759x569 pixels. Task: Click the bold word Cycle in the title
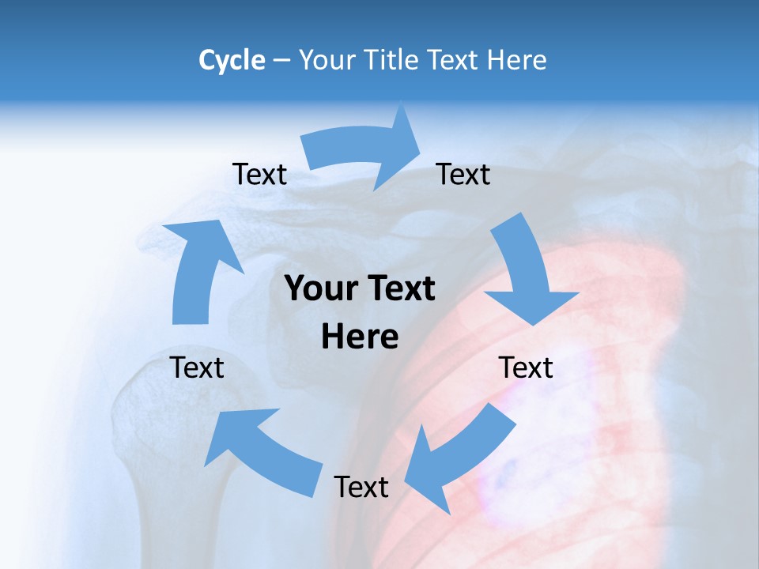tap(232, 60)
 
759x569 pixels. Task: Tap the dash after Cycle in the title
tap(281, 60)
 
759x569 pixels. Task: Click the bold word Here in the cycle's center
tap(360, 337)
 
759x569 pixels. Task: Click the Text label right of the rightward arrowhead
tap(463, 175)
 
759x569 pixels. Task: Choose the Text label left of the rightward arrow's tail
tap(259, 175)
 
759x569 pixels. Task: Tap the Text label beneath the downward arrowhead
tap(526, 367)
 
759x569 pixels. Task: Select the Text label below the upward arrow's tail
tap(197, 367)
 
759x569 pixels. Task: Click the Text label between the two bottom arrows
tap(361, 487)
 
